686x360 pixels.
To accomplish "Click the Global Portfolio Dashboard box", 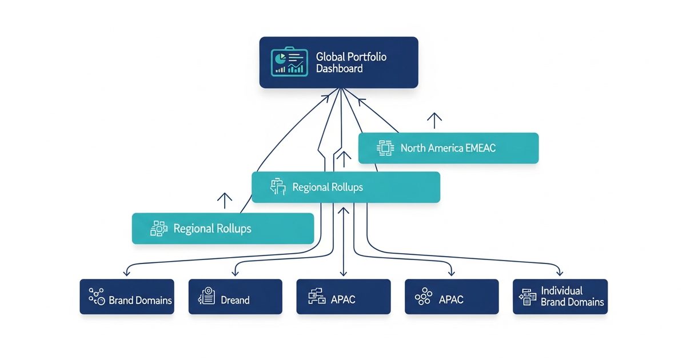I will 338,62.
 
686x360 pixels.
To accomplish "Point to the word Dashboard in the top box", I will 339,69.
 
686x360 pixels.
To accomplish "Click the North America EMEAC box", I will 448,148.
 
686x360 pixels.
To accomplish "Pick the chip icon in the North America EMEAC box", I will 385,148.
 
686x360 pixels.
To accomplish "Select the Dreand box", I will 235,297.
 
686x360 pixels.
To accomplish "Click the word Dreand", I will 235,299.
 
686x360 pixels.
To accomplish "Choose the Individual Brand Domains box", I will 560,297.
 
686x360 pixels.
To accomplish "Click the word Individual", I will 561,291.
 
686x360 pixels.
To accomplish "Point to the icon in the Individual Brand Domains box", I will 527,296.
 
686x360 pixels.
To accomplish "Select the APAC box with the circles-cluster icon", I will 452,297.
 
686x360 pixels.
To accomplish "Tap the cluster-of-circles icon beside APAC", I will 423,297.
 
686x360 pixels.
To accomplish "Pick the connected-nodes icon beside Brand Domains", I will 96,297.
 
